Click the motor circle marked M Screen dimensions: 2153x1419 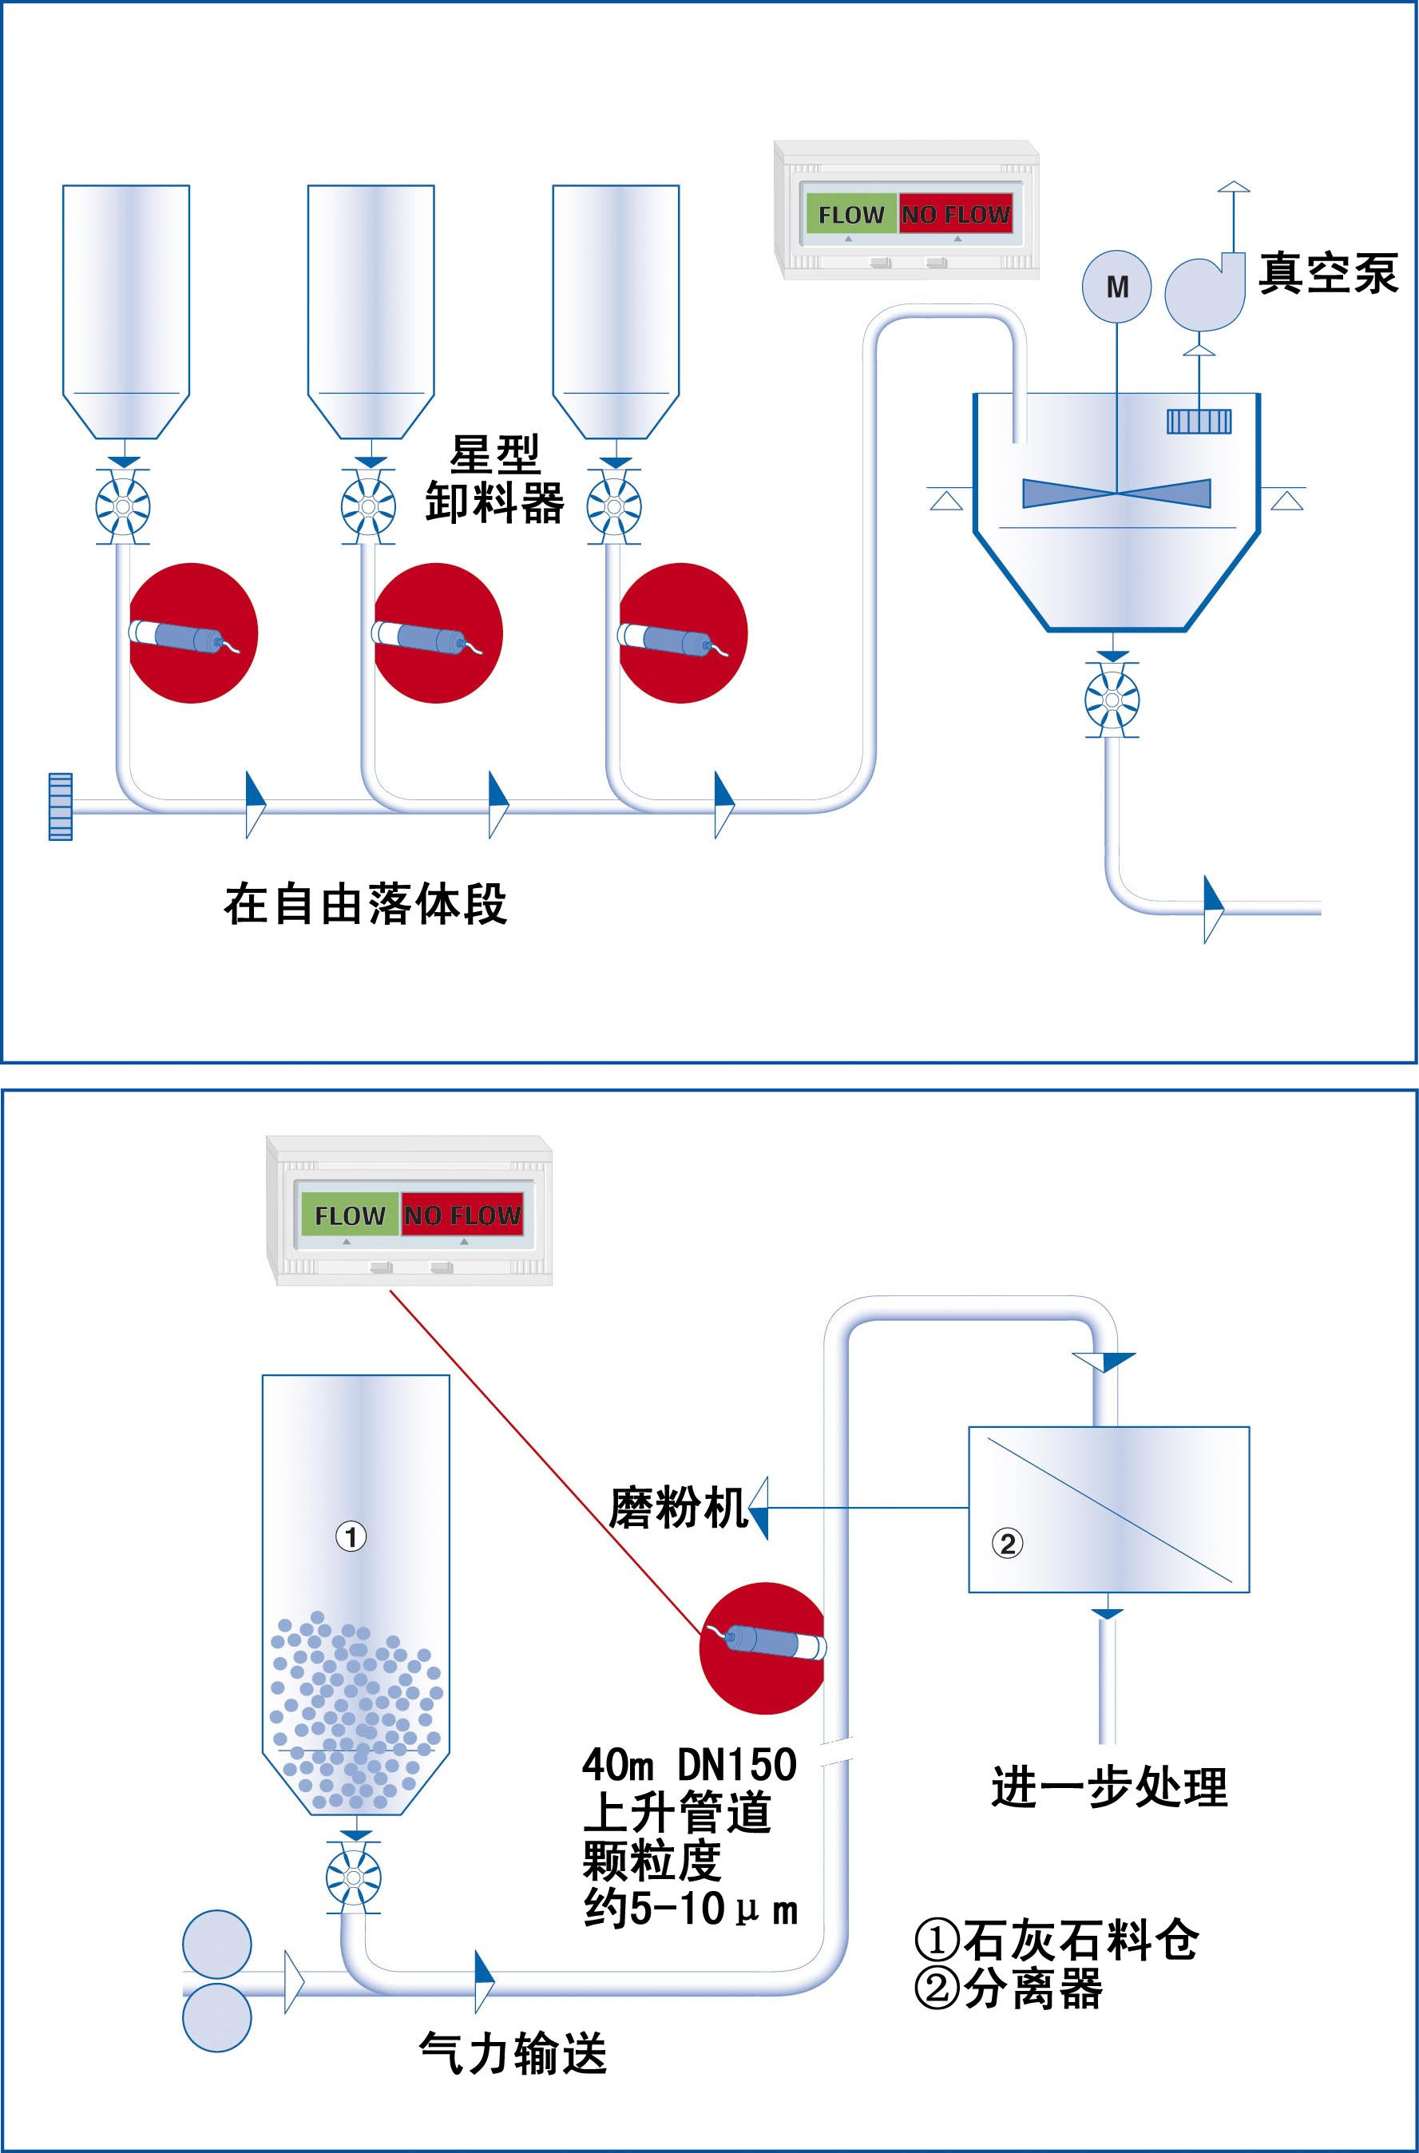(x=1116, y=287)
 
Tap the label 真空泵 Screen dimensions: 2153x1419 (x=1329, y=273)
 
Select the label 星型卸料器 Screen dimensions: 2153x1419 (x=495, y=480)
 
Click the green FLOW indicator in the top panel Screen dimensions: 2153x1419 (x=850, y=215)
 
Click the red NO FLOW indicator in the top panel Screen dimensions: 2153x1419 (x=956, y=215)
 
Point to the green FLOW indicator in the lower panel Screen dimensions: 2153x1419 (x=349, y=1215)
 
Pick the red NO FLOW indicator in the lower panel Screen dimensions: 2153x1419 (x=462, y=1215)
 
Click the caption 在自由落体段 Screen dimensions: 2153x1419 (x=366, y=904)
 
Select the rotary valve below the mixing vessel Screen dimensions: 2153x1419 (x=1112, y=700)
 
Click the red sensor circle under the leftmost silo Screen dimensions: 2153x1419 (x=192, y=632)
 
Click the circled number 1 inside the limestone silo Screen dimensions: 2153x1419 (x=351, y=1536)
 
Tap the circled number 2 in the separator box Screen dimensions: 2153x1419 (x=1007, y=1543)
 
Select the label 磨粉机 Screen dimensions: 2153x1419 (x=677, y=1508)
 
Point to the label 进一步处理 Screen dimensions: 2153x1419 (x=1109, y=1787)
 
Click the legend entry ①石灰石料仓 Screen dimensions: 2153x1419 (x=1057, y=1940)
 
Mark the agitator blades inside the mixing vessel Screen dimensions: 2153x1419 (x=1116, y=494)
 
